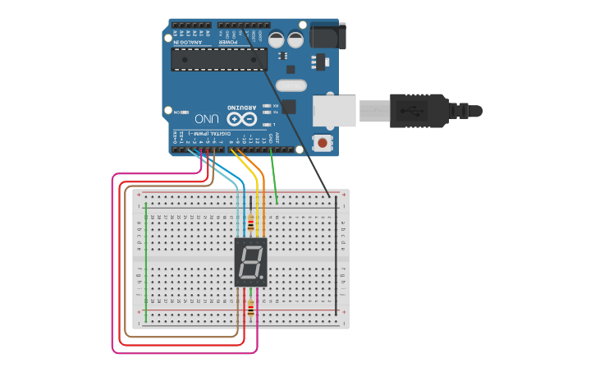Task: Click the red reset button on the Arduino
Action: click(x=323, y=144)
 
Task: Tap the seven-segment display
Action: click(x=250, y=262)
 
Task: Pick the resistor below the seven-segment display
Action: click(x=250, y=309)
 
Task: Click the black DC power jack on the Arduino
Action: click(x=328, y=35)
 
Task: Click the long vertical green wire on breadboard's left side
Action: click(x=146, y=259)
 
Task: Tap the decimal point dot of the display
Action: click(x=263, y=278)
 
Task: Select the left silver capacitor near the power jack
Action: click(x=277, y=38)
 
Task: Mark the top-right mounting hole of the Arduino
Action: click(x=303, y=25)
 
